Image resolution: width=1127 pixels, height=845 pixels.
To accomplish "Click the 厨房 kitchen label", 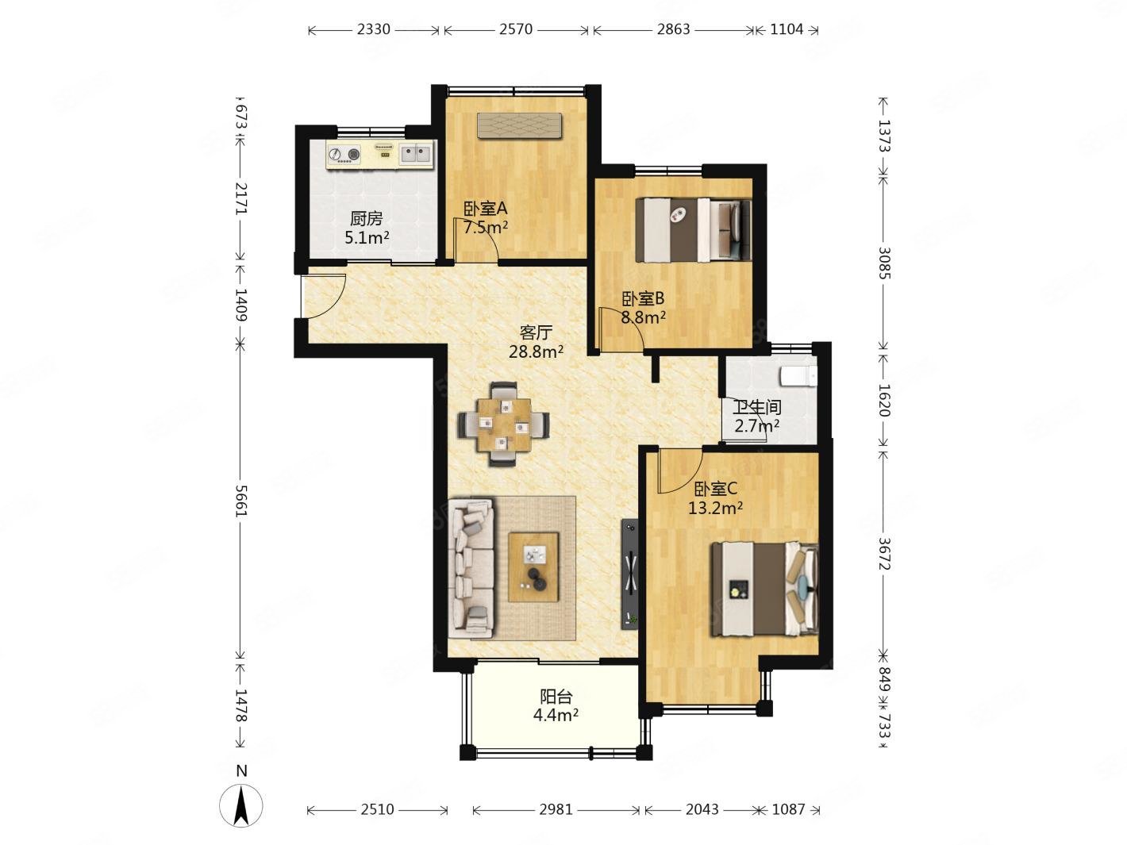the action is pos(366,219).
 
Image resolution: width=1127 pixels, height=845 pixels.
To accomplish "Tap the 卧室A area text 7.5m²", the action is pos(486,227).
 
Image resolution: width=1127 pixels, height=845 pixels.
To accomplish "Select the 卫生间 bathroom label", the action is pos(757,408).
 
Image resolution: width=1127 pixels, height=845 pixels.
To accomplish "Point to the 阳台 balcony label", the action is pos(556,697).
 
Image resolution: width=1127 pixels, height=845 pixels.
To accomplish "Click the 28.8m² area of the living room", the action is pos(536,352).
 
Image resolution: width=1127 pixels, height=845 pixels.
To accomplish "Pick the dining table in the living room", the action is pos(504,424).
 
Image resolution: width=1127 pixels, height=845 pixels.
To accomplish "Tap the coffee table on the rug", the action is pos(533,567).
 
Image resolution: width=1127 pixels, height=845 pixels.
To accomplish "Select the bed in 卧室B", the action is pos(693,230).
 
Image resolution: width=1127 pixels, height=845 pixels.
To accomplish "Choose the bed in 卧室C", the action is pos(764,590).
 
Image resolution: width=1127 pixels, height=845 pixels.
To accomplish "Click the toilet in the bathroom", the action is pos(798,376).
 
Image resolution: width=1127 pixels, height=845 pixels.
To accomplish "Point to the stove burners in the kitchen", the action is pos(344,155).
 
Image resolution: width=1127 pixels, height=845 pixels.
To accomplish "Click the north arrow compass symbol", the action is pos(240,805).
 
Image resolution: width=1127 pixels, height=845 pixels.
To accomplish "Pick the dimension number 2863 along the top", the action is pos(673,30).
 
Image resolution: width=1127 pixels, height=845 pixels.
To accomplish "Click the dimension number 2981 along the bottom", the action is pos(556,809).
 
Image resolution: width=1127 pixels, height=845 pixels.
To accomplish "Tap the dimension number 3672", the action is pos(883,554).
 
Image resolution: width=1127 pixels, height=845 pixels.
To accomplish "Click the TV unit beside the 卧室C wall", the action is pos(630,574).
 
